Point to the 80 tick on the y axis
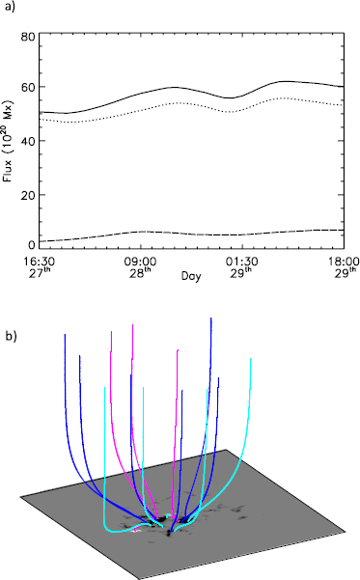tap(28, 37)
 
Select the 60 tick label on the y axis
tap(28, 89)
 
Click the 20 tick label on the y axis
tap(28, 196)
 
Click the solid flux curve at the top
tap(174, 87)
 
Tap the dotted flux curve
tap(174, 103)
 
